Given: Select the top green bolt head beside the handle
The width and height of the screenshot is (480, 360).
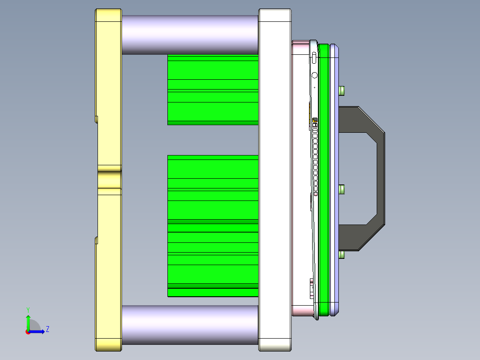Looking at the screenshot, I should point(342,90).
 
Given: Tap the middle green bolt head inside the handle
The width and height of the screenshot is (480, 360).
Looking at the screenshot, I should point(342,190).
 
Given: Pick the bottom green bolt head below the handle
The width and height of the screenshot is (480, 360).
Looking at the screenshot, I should point(342,255).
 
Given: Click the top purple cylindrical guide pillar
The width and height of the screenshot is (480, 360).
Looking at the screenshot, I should point(190,35).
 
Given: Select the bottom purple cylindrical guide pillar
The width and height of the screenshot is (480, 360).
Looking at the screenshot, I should point(190,325).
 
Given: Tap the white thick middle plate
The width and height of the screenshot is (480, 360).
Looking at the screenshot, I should point(274,178).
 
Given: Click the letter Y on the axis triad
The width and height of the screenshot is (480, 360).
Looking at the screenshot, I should point(28,309).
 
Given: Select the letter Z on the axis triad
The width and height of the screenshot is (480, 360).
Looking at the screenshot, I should point(47,329).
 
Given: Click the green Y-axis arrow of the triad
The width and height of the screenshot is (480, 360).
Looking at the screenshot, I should point(28,321).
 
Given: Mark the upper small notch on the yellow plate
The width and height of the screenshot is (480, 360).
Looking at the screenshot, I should point(96,119).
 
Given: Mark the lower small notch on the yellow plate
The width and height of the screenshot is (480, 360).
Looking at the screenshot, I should point(96,241).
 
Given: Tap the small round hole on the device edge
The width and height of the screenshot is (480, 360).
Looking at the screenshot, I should point(314,75).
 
